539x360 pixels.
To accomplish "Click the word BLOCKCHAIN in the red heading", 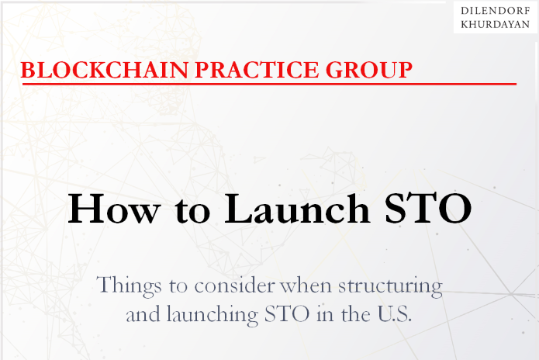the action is point(105,70).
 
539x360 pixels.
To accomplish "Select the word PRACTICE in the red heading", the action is point(257,70).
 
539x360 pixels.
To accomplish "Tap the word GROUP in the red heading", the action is point(369,70).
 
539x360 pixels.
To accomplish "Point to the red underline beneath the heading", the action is point(269,84).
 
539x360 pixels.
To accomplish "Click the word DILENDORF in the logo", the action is point(496,11).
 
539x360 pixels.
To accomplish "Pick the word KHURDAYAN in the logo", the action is point(496,24).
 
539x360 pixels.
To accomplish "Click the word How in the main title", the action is point(114,209).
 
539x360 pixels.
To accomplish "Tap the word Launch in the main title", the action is point(297,209).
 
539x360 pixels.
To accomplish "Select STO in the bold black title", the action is point(428,209).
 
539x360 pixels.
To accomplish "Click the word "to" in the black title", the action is point(192,210).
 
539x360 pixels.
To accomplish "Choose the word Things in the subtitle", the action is point(129,286).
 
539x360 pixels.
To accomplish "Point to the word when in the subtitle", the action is point(306,286).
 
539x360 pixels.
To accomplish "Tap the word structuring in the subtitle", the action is point(390,286).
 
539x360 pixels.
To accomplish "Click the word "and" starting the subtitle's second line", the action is point(143,314).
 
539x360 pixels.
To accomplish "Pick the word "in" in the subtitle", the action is point(325,314).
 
